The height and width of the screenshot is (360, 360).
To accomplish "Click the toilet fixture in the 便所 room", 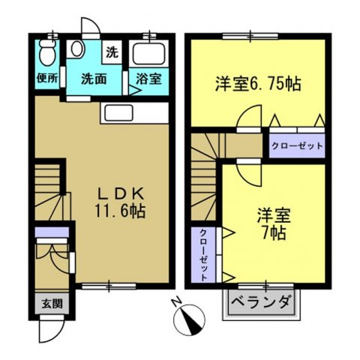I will (47, 53).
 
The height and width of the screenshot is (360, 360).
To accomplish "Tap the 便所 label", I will (47, 76).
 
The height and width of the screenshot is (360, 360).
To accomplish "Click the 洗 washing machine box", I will (112, 52).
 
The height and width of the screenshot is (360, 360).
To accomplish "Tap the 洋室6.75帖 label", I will (259, 84).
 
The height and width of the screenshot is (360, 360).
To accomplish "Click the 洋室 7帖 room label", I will (272, 222).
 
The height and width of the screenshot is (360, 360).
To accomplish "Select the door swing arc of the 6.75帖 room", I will (250, 118).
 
